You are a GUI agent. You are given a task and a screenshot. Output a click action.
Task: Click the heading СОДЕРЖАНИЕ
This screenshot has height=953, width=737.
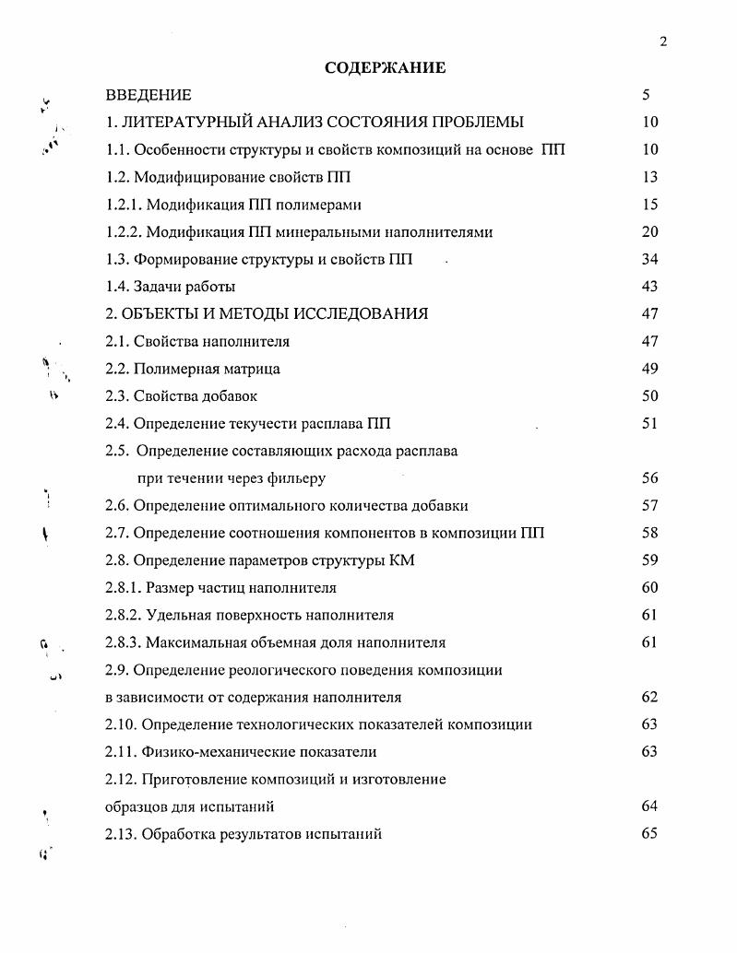(x=385, y=67)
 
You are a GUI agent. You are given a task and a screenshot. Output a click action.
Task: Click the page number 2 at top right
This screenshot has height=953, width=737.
(x=663, y=41)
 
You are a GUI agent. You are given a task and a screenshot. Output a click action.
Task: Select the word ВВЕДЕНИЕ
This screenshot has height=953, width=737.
(x=149, y=95)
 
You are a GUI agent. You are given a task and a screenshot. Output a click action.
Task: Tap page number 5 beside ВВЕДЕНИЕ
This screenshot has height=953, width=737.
(x=647, y=95)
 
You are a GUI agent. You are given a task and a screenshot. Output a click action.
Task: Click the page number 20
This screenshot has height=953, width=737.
(x=648, y=232)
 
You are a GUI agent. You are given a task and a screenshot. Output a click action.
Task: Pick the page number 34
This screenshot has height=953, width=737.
(x=648, y=259)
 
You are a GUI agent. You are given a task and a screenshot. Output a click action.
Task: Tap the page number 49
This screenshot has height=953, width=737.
(x=648, y=369)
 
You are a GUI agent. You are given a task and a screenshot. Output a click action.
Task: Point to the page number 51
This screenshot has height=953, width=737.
(x=648, y=424)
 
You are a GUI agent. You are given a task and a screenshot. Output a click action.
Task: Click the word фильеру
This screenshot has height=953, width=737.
(x=295, y=478)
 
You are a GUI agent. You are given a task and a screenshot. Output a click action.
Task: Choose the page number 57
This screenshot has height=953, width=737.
(x=648, y=506)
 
